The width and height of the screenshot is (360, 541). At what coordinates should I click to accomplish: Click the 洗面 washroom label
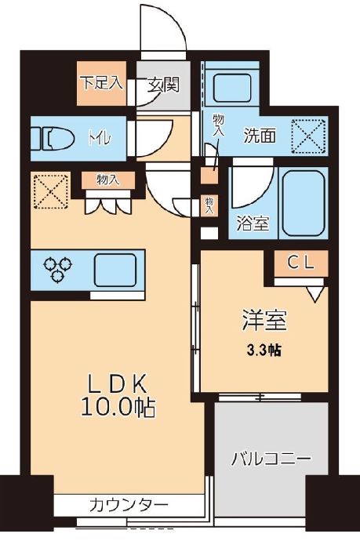[x=259, y=135]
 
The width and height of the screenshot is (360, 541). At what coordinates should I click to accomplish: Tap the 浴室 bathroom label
[x=253, y=223]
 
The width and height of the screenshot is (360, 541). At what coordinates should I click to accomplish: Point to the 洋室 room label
[x=262, y=320]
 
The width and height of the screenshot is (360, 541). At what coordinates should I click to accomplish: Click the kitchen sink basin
[x=115, y=269]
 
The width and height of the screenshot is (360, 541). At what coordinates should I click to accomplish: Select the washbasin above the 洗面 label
[x=233, y=90]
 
